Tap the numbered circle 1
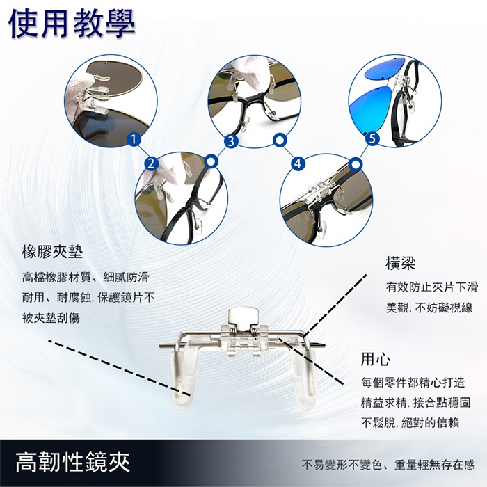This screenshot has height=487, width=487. tap(132, 140)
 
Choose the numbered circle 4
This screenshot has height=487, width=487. tap(298, 163)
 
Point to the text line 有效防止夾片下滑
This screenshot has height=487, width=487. tap(431, 287)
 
